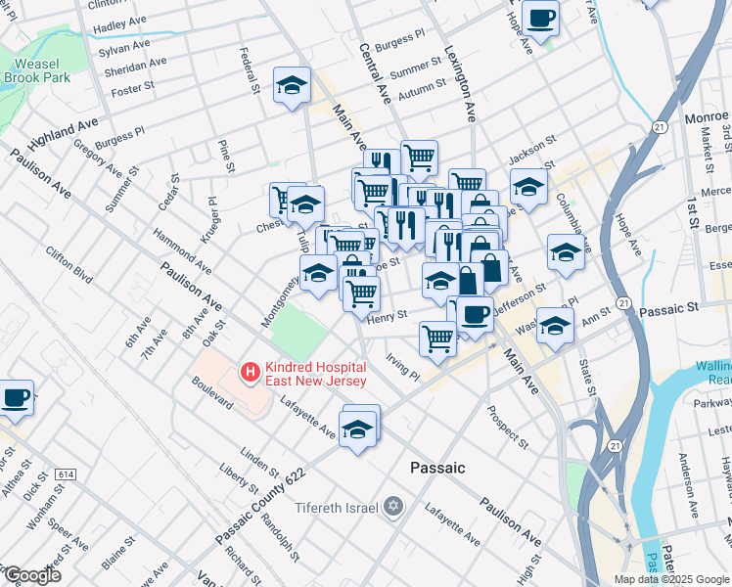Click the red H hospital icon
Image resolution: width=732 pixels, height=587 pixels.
pos(250,373)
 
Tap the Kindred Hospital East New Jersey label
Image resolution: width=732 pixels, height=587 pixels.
pos(314,373)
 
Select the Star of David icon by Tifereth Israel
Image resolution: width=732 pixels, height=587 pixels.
pos(392,506)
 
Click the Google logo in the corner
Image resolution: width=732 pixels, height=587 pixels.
pos(31,575)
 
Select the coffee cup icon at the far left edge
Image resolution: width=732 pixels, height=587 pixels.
pos(15,397)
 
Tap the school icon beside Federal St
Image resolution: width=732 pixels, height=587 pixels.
pos(292,86)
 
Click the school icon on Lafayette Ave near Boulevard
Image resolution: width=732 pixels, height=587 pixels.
pos(359,429)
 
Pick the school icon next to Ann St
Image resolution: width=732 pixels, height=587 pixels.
pos(554,325)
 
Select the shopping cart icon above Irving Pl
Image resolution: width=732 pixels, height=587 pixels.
pos(437,338)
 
